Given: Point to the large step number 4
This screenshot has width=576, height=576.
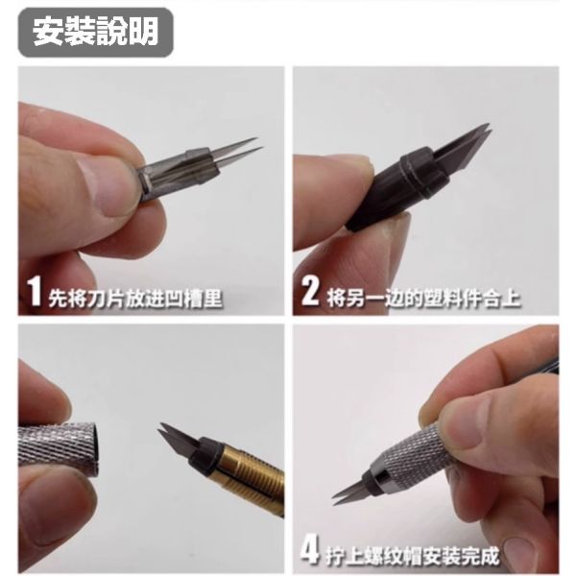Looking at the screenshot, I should (x=310, y=551).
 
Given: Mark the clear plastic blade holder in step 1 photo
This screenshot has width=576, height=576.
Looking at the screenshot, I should (x=173, y=173).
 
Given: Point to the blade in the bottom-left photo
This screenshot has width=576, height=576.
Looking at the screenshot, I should (x=173, y=437).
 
